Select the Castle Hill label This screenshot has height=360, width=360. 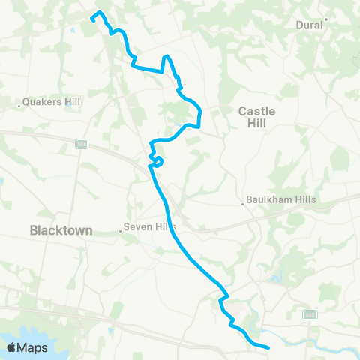257,117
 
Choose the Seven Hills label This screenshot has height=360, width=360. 151,226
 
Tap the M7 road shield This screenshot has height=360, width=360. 81,143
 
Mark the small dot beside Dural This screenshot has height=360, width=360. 326,19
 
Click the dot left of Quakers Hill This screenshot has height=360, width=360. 19,106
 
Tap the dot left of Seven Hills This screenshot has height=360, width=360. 121,232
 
